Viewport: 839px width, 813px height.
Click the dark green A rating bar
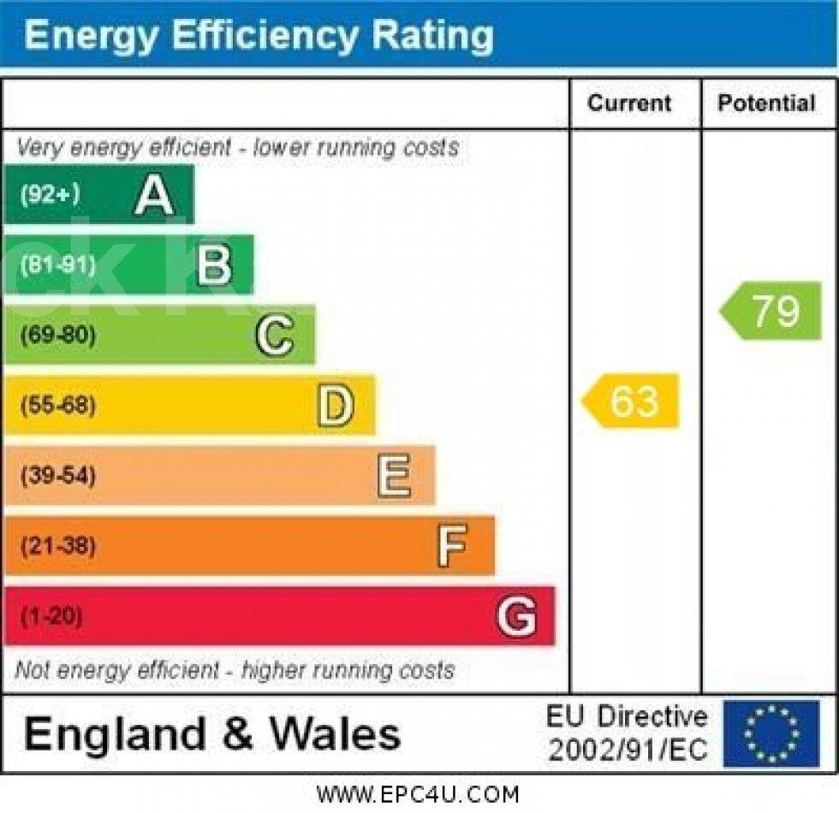click(98, 195)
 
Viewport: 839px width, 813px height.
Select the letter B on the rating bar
click(214, 265)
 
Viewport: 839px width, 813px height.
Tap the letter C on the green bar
click(274, 335)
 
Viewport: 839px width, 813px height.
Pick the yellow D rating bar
click(188, 405)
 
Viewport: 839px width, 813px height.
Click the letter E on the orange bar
click(394, 476)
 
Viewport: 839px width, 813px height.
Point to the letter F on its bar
click(452, 546)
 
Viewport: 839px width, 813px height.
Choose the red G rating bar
click(278, 616)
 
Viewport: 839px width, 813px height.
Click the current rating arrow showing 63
click(632, 401)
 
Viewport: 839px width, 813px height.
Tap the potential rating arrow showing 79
click(771, 311)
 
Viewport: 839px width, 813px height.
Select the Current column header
click(629, 104)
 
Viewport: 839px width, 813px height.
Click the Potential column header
click(766, 104)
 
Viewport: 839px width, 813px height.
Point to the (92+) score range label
click(50, 195)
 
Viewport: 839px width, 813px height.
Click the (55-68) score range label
click(58, 405)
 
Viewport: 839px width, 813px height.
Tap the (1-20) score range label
click(51, 616)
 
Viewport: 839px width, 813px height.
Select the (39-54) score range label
click(58, 476)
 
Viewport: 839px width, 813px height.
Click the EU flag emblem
click(771, 734)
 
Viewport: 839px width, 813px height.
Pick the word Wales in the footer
click(336, 734)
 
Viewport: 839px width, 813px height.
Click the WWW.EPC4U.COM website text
click(418, 795)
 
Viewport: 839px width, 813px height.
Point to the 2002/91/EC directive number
click(628, 751)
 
